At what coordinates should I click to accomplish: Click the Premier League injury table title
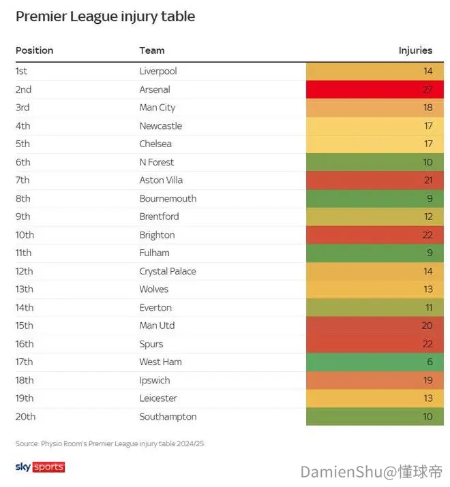click(106, 17)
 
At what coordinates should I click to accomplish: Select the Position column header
click(35, 50)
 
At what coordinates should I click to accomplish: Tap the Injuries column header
click(415, 50)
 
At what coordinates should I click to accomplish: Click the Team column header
click(152, 50)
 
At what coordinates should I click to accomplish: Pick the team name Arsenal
click(155, 89)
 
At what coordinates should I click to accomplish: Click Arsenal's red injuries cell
click(375, 89)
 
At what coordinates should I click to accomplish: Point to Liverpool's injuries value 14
click(428, 71)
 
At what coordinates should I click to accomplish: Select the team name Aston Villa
click(161, 180)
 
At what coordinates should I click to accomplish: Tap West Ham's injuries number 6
click(430, 362)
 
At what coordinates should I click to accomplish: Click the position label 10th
click(25, 235)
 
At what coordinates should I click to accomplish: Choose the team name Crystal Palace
click(168, 272)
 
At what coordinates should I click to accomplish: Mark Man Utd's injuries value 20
click(427, 326)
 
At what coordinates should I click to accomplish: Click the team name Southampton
click(168, 417)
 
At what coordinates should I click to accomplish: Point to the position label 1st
click(21, 71)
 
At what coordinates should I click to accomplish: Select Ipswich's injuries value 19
click(428, 380)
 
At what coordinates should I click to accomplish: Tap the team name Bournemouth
click(168, 198)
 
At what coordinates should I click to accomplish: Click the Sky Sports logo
click(40, 467)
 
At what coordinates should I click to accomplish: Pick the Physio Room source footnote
click(110, 444)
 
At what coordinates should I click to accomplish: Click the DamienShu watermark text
click(372, 472)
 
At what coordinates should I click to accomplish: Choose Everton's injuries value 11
click(429, 307)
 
